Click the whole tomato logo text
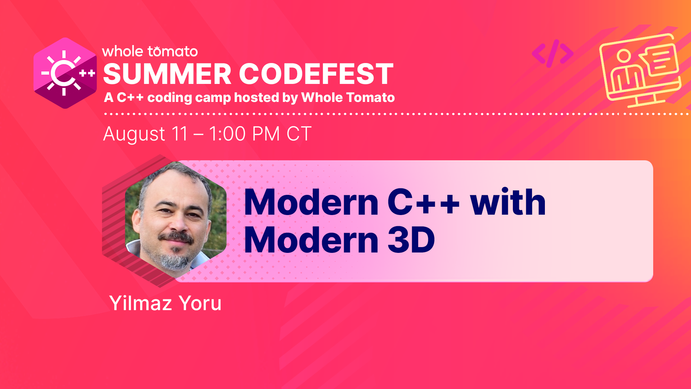click(150, 52)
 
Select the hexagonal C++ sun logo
click(65, 73)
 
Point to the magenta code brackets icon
click(552, 54)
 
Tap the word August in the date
click(134, 134)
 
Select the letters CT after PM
click(299, 134)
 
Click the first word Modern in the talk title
click(311, 202)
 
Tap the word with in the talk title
click(508, 202)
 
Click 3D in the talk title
click(411, 240)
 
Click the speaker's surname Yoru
click(200, 303)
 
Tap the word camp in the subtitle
click(213, 98)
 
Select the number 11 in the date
click(180, 134)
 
